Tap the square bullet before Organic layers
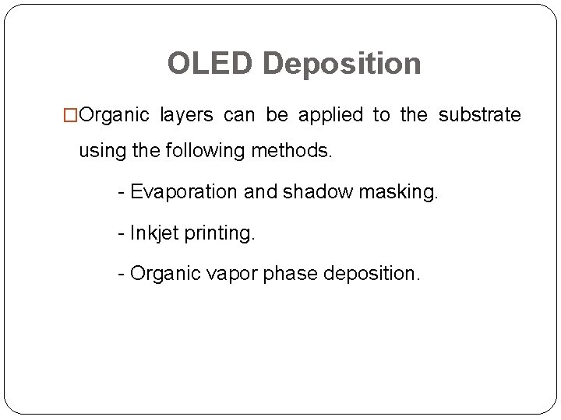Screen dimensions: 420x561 pos(71,116)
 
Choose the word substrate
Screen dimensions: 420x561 pos(479,116)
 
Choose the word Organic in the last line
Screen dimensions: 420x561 pos(161,274)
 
